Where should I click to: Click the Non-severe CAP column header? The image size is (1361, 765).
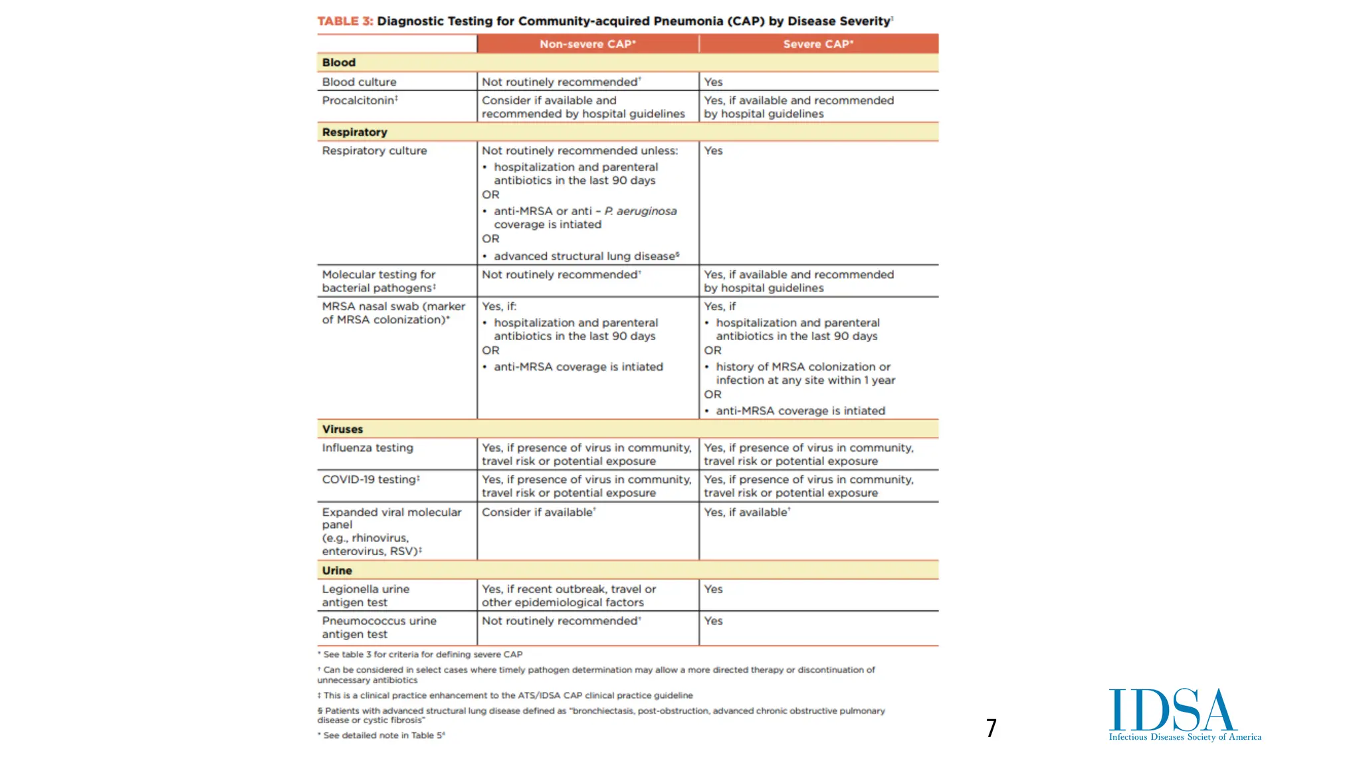click(x=587, y=44)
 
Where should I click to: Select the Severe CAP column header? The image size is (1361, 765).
click(x=818, y=44)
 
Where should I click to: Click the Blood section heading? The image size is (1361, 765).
click(x=339, y=62)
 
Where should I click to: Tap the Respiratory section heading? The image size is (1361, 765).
click(x=354, y=132)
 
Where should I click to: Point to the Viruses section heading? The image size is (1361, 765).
click(x=342, y=429)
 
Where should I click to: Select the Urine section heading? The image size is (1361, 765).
click(x=337, y=570)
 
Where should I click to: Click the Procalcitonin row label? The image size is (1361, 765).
click(x=360, y=100)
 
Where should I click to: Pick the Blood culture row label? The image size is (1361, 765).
click(x=359, y=82)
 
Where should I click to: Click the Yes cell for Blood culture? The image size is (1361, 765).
click(x=713, y=82)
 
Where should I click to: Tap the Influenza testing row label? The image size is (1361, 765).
click(x=367, y=448)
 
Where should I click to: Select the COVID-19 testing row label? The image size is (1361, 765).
click(x=370, y=479)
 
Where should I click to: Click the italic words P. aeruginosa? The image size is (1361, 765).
click(x=641, y=211)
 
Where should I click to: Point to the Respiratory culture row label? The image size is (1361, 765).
click(x=374, y=151)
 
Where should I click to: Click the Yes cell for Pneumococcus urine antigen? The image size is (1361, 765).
click(x=713, y=621)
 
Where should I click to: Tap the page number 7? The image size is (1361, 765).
click(x=991, y=728)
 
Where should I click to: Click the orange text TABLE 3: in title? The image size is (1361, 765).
click(x=345, y=21)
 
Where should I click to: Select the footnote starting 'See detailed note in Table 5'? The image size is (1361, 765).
click(x=383, y=735)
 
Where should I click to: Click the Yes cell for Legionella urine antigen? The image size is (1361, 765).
click(x=713, y=589)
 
